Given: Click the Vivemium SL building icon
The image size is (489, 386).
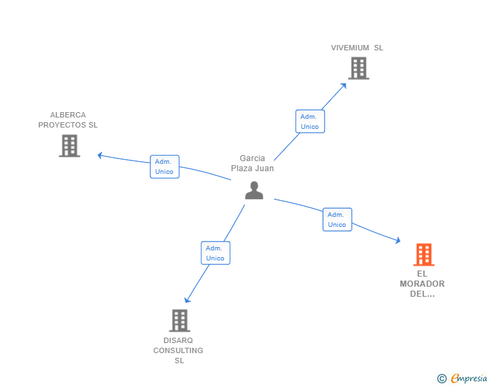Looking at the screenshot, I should pos(359,68).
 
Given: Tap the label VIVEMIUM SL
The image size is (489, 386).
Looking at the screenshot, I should pos(357,48).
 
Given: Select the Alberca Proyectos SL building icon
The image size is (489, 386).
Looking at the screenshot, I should pos(70,146).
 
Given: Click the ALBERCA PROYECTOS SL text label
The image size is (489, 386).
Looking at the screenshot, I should pos(68,119).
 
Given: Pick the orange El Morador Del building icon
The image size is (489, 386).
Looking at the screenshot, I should pos(423,254).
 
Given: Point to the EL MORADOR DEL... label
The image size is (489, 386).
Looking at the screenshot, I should pos(422,283).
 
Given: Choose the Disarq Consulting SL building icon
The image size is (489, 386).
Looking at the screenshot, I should pos(179,320).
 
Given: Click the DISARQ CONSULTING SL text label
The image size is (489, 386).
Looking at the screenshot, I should pos(178,350).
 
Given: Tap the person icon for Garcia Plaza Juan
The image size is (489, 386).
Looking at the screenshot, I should pos(254,191).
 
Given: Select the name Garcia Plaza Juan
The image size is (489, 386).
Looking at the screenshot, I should pos(253,163).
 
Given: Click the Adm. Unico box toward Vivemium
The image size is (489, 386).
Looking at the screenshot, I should pos(310,121).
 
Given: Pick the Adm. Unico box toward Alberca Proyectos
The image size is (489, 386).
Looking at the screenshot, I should pos(164,166).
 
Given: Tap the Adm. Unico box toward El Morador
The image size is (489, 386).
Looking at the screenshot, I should pos(337,220).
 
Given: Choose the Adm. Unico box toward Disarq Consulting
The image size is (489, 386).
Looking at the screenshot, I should pos(215,253).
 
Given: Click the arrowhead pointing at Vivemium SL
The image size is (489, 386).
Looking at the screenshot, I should pos(344,85).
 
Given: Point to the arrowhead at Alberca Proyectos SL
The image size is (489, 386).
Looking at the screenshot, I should pos(100,155).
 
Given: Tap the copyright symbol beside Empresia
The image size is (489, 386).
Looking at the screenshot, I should pos(441,379).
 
